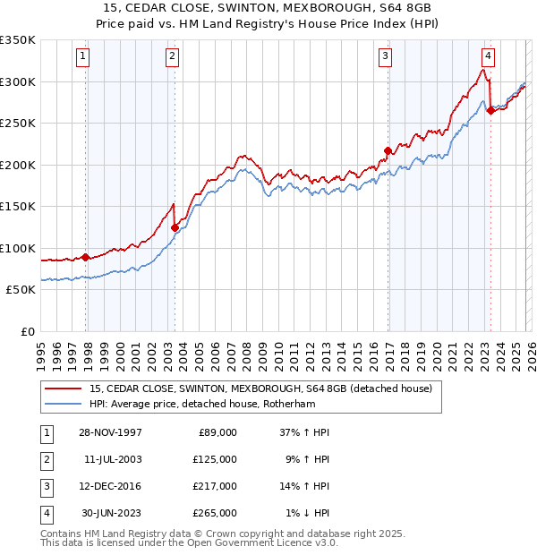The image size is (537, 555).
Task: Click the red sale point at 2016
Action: click(388, 150)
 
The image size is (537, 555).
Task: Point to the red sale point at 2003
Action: click(175, 227)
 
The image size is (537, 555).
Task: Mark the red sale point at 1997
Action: click(86, 257)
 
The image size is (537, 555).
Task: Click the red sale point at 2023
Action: click(490, 111)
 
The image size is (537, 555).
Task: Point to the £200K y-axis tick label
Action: click(18, 165)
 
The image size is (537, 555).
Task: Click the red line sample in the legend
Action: click(64, 388)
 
